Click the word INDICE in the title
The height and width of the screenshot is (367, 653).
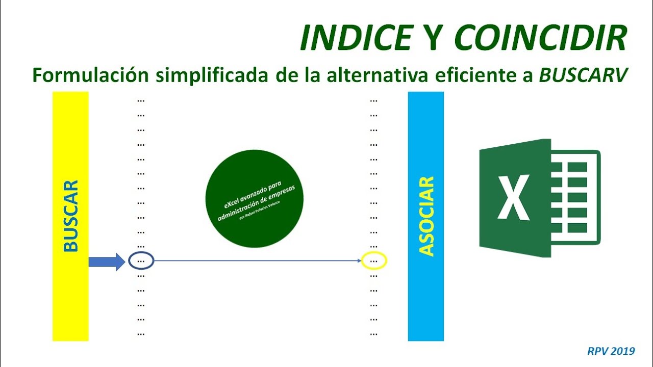click(x=356, y=37)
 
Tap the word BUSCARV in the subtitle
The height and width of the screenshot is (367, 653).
click(x=583, y=75)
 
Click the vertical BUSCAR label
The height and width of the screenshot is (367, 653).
click(x=70, y=216)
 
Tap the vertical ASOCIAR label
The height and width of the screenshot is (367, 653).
click(x=426, y=216)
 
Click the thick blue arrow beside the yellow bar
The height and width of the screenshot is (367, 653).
click(x=106, y=261)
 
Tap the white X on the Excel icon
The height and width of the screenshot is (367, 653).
click(x=514, y=196)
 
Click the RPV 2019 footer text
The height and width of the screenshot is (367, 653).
click(x=611, y=351)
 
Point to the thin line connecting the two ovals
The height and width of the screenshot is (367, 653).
click(x=255, y=261)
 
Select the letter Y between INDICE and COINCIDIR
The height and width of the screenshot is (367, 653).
click(x=433, y=37)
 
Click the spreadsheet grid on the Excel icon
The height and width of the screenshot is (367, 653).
click(x=575, y=196)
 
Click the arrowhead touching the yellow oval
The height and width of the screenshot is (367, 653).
click(x=359, y=261)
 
